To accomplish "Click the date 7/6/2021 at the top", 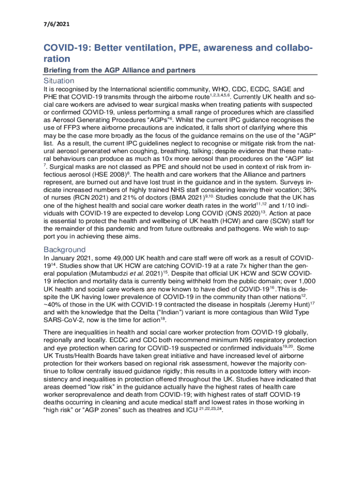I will point(57,22).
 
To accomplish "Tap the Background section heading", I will point(65,249).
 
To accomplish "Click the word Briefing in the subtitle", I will point(60,70).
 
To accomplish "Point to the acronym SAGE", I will point(282,89).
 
